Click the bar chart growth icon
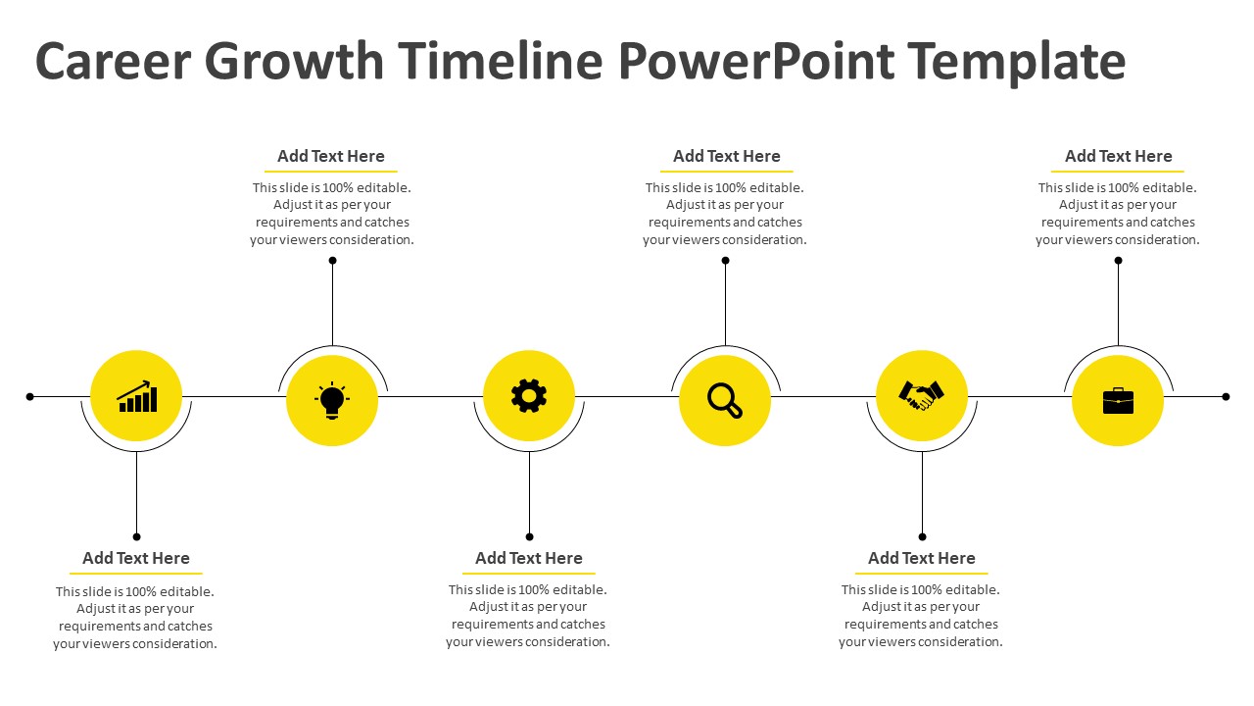click(x=137, y=397)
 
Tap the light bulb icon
click(x=332, y=400)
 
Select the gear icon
click(x=529, y=395)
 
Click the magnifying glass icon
click(x=725, y=400)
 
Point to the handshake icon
click(x=922, y=395)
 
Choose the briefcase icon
click(x=1118, y=401)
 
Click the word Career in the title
click(x=113, y=61)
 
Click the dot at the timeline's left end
click(x=30, y=397)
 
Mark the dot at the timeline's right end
click(x=1226, y=397)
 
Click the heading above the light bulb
click(x=331, y=156)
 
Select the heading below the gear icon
click(x=529, y=558)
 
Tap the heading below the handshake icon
click(x=922, y=558)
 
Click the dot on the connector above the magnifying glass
click(x=726, y=261)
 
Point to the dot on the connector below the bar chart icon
click(x=136, y=536)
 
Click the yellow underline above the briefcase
click(x=1118, y=171)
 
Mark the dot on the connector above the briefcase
click(x=1118, y=261)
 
